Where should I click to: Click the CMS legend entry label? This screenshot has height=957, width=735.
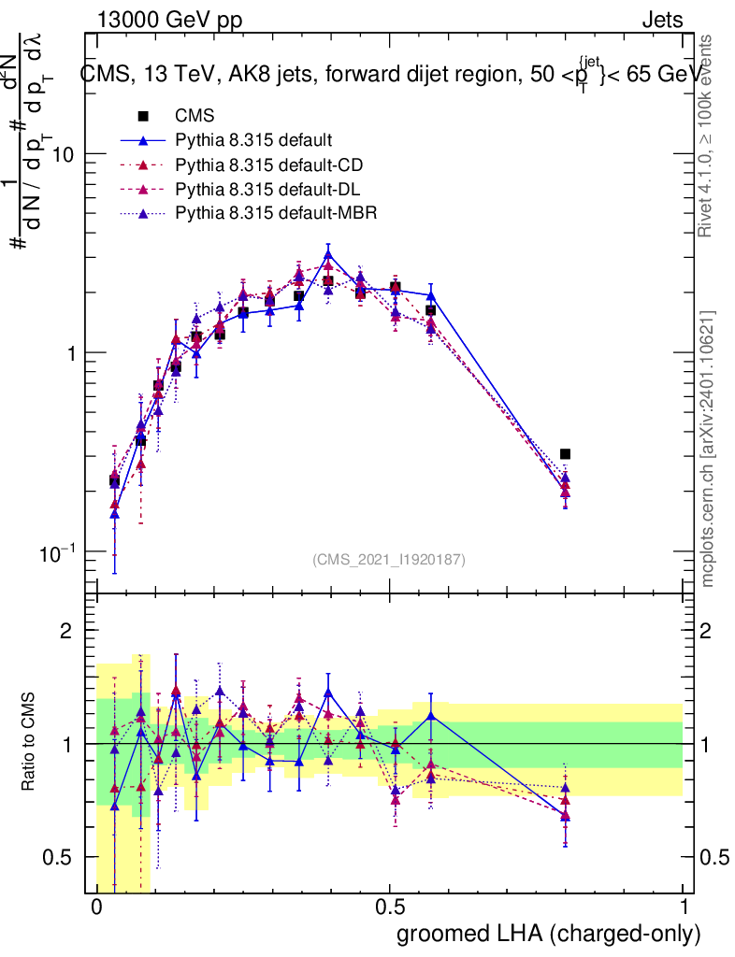coord(195,117)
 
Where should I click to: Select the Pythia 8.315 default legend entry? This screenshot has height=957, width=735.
coord(253,141)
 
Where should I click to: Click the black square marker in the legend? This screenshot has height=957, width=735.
coord(143,117)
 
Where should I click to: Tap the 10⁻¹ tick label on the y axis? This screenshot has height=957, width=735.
coord(60,551)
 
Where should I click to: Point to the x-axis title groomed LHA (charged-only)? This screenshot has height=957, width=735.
coord(550,934)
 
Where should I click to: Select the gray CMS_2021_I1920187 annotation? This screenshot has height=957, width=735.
coord(389,560)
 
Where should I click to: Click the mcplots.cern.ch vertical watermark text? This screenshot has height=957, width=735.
coord(709,449)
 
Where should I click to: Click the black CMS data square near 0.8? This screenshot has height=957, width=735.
coord(565,454)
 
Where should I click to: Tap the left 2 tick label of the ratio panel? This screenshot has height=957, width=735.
coord(66,632)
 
